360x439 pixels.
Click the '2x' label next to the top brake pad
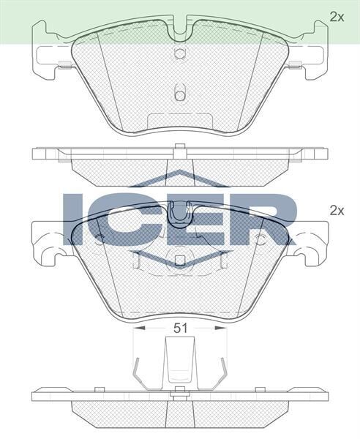coord(336,15)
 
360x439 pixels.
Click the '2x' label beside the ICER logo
coord(336,210)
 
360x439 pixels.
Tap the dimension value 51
coord(180,329)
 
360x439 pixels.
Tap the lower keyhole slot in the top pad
coord(180,93)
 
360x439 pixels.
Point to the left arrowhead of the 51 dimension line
coord(138,329)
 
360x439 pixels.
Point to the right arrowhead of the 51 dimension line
coord(222,329)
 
